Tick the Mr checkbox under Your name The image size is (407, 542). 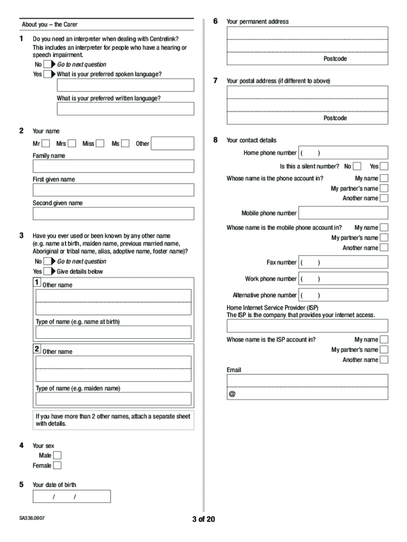[x=46, y=143]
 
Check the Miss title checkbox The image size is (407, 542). [x=100, y=143]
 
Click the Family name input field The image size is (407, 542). [x=113, y=166]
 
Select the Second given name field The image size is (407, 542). [x=113, y=213]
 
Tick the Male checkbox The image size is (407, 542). [x=57, y=455]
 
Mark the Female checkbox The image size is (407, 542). [x=57, y=466]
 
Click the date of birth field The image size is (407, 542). [x=71, y=496]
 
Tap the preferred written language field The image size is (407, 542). [x=125, y=109]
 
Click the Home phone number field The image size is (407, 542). [x=343, y=153]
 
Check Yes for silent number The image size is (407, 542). [x=384, y=166]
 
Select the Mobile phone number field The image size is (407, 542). [x=343, y=213]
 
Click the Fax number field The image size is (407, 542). [x=343, y=263]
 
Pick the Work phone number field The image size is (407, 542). [x=343, y=279]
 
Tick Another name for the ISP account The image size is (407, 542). [x=384, y=360]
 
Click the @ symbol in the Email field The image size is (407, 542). [x=232, y=395]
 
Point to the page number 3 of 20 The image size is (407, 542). [x=203, y=519]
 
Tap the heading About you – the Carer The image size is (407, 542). [x=50, y=24]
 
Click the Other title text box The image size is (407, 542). [x=172, y=143]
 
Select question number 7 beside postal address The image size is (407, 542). [x=216, y=80]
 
